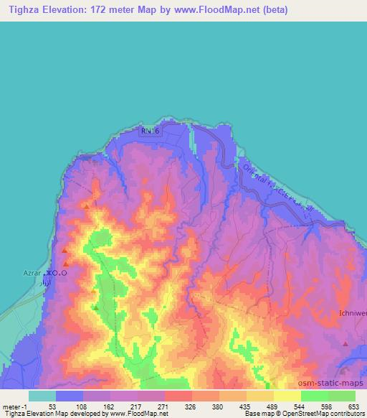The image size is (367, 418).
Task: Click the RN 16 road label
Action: coord(151,131)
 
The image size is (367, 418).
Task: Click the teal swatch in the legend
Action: coord(42,396)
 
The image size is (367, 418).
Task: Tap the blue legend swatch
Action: coord(70,396)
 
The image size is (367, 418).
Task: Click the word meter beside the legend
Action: coord(11,407)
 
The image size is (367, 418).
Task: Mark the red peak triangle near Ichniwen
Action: coord(346,344)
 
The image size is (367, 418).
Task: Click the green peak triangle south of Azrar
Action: coord(95,307)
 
